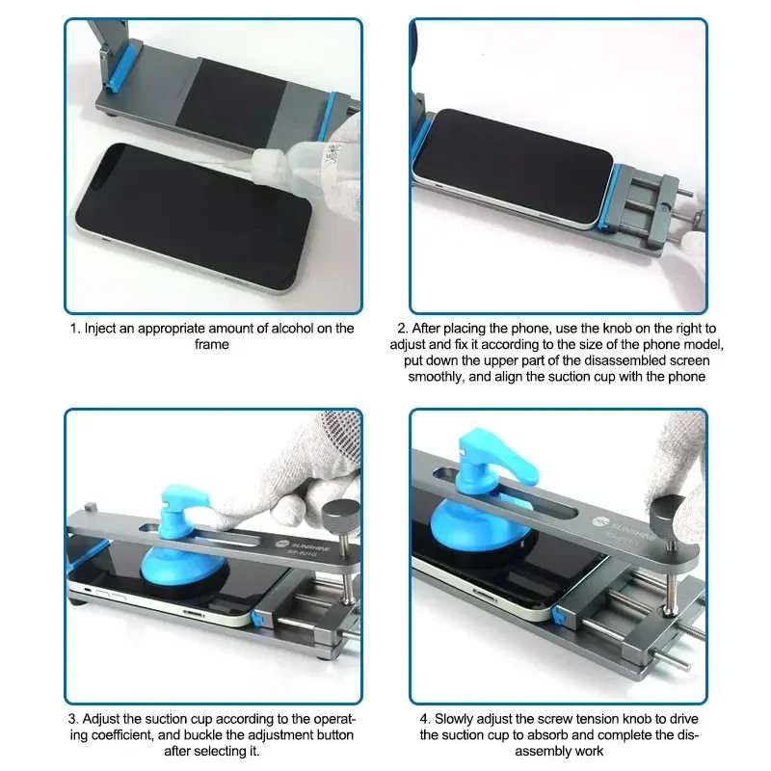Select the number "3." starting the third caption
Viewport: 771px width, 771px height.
tap(71, 719)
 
